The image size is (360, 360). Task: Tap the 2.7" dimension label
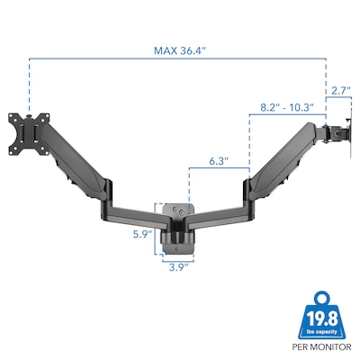click(339, 90)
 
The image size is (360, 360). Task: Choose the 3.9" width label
click(176, 267)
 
